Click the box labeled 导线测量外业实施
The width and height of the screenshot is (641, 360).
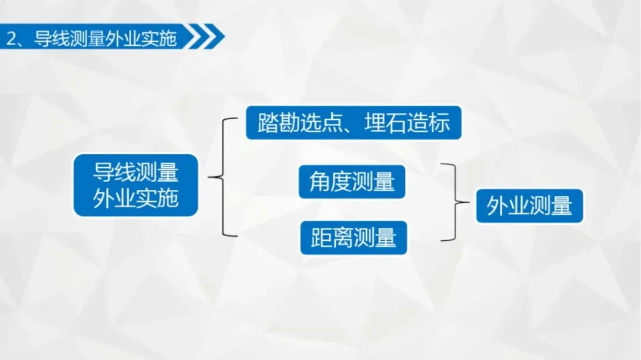(x=135, y=185)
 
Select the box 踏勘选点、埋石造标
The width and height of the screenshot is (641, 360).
(x=354, y=123)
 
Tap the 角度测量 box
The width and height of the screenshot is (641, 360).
(x=352, y=181)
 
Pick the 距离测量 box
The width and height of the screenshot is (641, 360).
(x=354, y=238)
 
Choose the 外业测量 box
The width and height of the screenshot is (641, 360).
(x=529, y=206)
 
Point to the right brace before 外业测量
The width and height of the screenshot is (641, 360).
(x=455, y=203)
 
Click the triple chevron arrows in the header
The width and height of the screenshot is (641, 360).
(x=205, y=37)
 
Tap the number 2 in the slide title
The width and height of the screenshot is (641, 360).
(x=11, y=39)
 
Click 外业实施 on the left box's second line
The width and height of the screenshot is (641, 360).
(x=135, y=198)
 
